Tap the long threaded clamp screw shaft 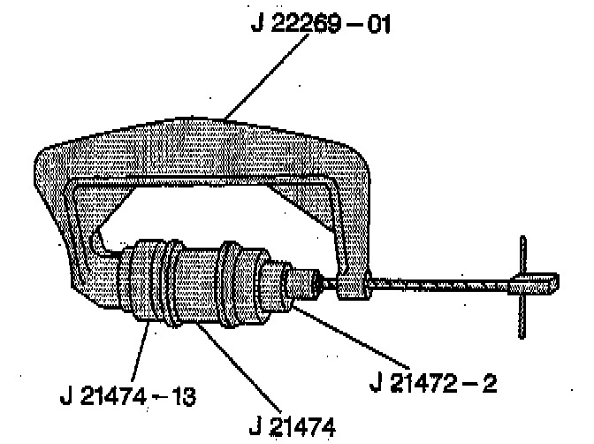(442, 285)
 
